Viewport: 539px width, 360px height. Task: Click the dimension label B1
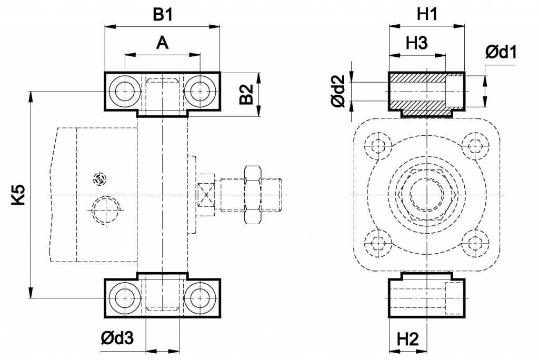[x=163, y=15]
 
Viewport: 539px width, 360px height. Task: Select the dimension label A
[x=163, y=43]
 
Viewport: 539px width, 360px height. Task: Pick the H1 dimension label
[x=427, y=15]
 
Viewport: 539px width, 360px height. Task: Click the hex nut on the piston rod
[x=253, y=195]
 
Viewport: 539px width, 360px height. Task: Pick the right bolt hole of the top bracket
[x=201, y=91]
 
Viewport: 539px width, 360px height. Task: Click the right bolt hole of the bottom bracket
[x=201, y=298]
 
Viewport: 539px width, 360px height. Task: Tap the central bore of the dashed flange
[x=427, y=195]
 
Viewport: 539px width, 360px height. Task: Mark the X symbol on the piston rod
[x=205, y=195]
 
